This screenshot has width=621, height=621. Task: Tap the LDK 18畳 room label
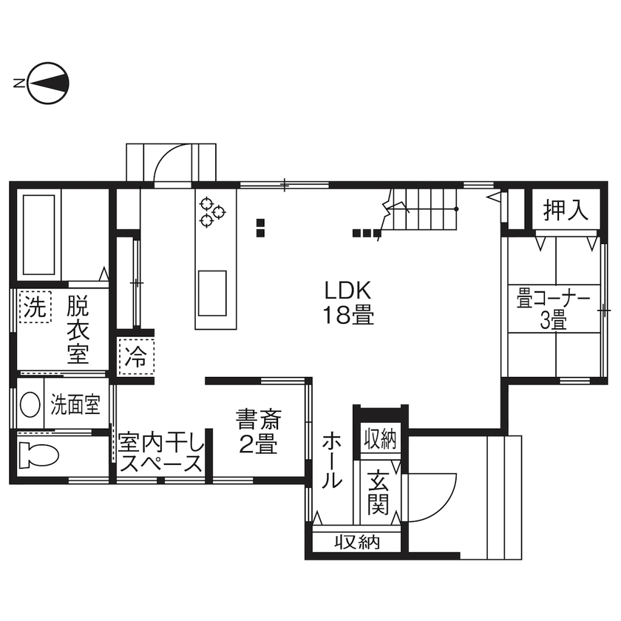click(x=347, y=302)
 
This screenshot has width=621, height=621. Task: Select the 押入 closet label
click(x=566, y=211)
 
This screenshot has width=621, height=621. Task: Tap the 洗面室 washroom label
click(x=75, y=404)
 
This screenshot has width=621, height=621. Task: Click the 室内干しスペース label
click(x=160, y=453)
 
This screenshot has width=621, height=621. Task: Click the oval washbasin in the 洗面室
click(x=30, y=404)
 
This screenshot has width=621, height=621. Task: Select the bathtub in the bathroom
click(x=38, y=234)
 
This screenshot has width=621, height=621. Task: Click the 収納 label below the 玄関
click(x=357, y=543)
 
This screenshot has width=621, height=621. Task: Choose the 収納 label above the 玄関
click(x=379, y=438)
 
